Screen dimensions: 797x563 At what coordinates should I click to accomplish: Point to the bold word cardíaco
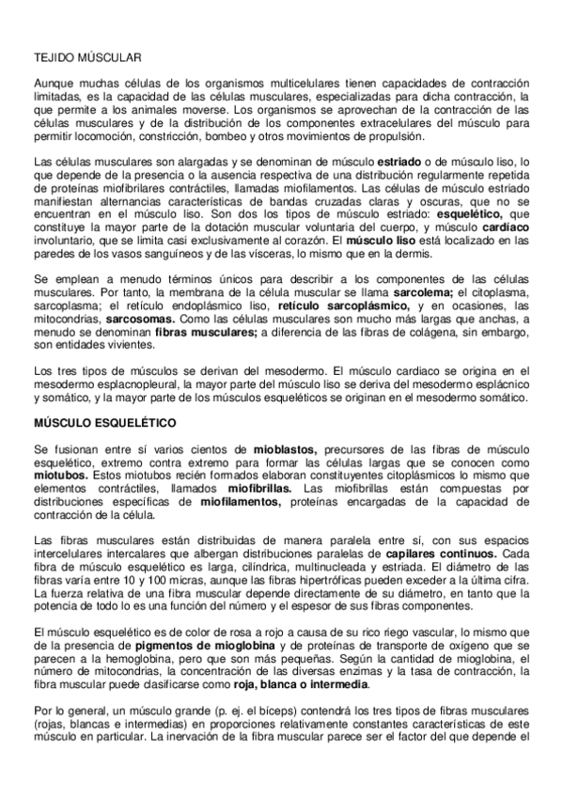click(510, 227)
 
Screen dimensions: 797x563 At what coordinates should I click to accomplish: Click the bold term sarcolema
click(424, 293)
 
